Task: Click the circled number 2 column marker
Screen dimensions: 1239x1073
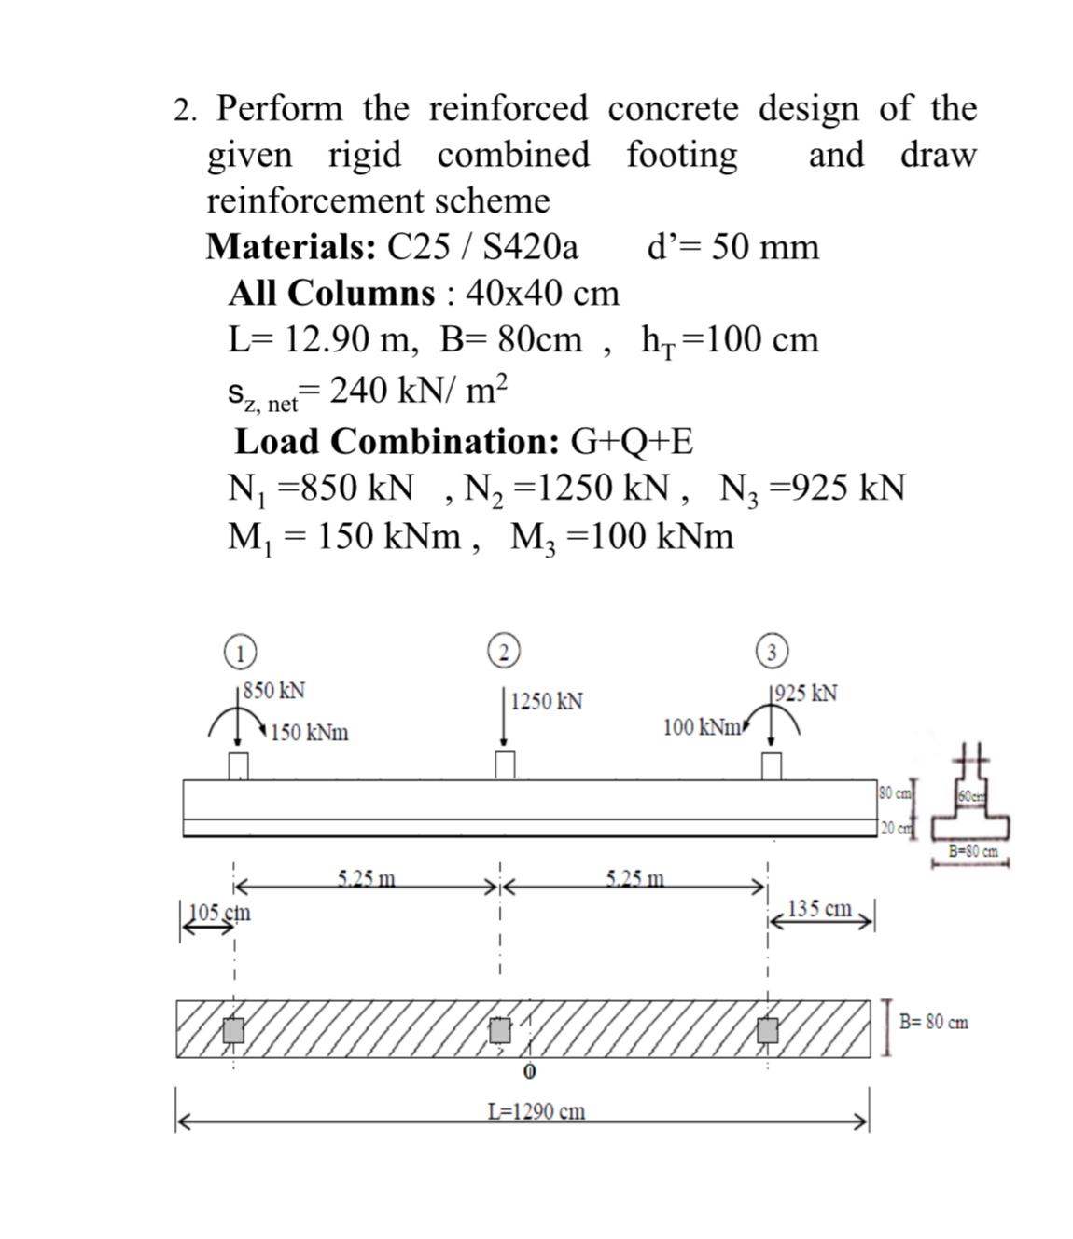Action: tap(504, 650)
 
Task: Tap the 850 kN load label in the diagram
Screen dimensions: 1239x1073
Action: tap(273, 691)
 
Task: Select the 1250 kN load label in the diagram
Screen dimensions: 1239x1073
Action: tap(547, 701)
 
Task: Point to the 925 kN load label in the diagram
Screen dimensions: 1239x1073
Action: tap(805, 694)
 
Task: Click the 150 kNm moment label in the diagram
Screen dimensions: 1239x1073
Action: tap(310, 733)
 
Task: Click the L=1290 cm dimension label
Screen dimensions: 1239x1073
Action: tap(536, 1111)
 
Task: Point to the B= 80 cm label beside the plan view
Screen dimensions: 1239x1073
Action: tap(933, 1022)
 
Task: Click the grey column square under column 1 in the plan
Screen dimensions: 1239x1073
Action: tap(233, 1030)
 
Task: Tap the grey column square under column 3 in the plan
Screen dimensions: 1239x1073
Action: tap(768, 1030)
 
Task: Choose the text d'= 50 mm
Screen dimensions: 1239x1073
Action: tap(732, 247)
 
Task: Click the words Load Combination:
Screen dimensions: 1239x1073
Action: tap(397, 441)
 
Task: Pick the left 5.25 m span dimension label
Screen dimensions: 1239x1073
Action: tap(366, 877)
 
